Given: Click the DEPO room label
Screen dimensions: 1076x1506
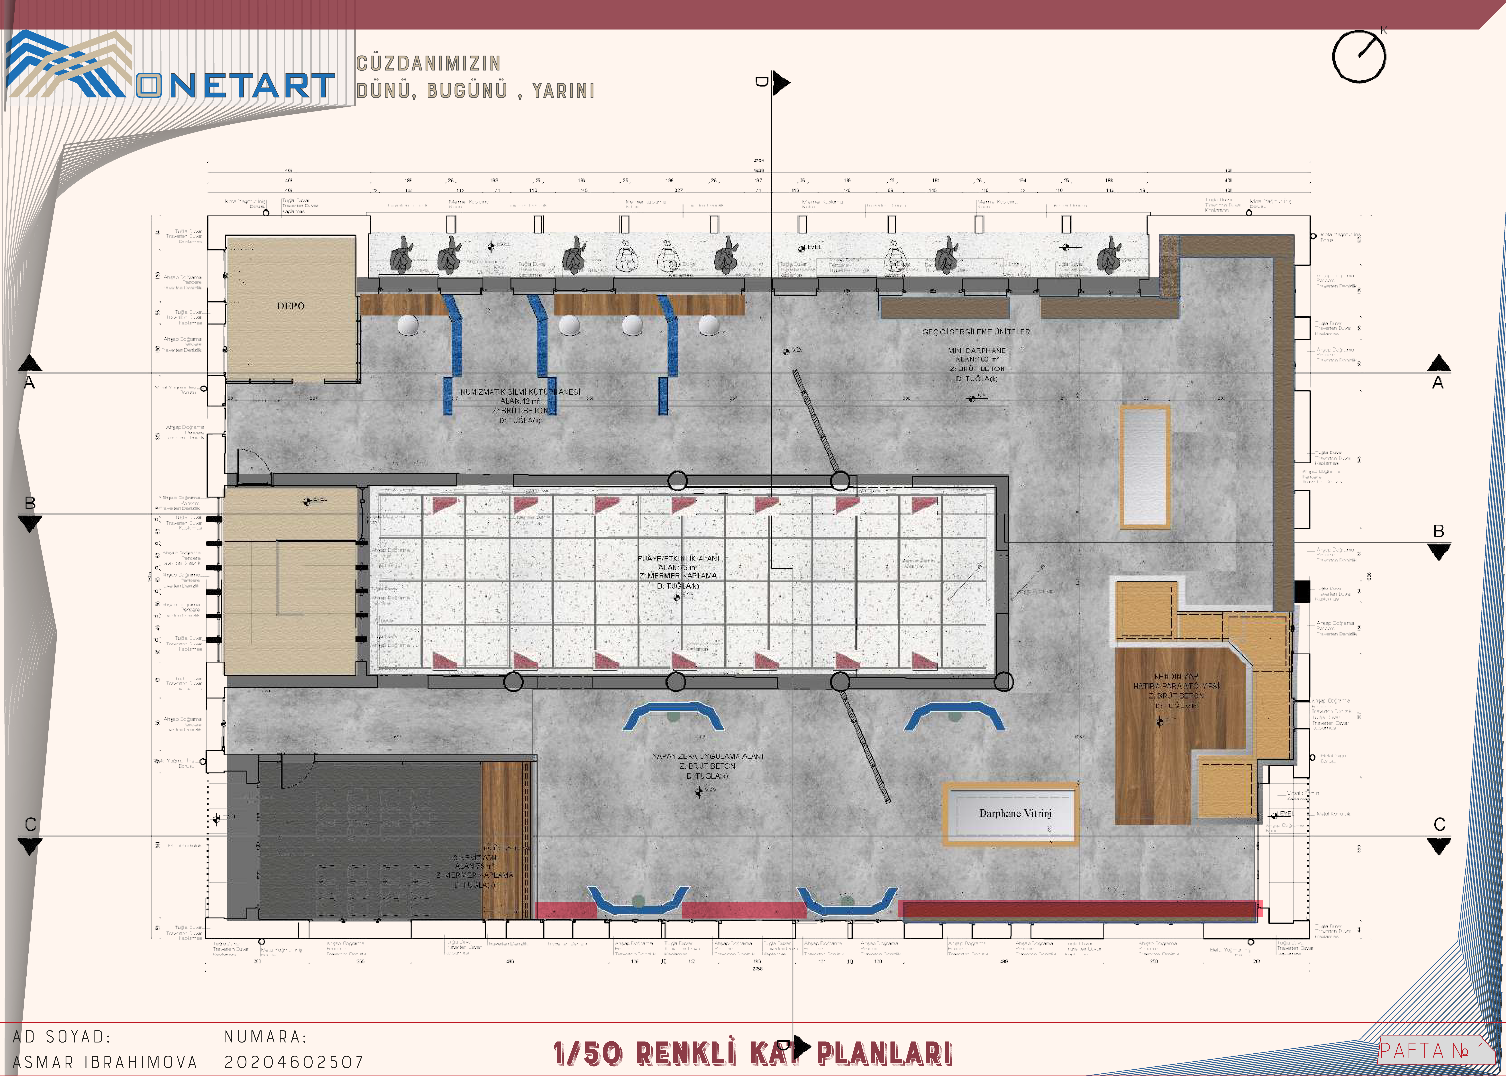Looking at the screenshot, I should click(290, 306).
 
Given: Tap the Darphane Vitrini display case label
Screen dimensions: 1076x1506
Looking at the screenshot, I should click(1015, 813).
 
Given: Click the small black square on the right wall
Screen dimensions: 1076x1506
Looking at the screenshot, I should click(1302, 591).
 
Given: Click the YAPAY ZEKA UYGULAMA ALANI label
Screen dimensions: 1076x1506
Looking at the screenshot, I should click(708, 756).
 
